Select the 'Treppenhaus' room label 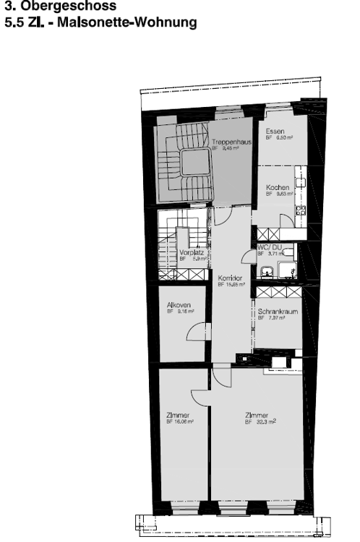point(231,143)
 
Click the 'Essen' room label point(274,131)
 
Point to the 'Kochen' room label point(278,187)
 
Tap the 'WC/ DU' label point(269,247)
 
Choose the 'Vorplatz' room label point(189,253)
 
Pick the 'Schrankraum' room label point(278,311)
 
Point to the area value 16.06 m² point(184,421)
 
